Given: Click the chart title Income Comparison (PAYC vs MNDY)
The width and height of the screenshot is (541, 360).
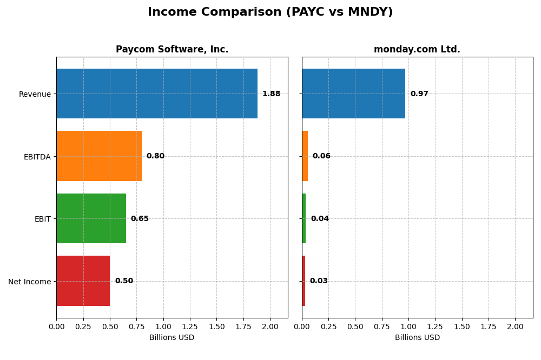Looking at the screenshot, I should (x=270, y=12).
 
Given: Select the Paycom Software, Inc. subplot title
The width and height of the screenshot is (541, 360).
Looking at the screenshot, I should (x=172, y=49).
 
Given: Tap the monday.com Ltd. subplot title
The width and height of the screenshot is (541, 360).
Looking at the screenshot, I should (x=417, y=49).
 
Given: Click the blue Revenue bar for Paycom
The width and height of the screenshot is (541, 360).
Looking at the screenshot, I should (x=157, y=94).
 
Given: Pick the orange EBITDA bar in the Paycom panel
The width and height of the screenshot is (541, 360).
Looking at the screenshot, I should (x=99, y=156).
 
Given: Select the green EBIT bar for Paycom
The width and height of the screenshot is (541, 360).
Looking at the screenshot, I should (x=91, y=218).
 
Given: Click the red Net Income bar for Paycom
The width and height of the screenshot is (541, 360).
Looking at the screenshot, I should (x=83, y=281).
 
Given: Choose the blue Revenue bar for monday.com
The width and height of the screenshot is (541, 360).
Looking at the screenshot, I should (x=353, y=94).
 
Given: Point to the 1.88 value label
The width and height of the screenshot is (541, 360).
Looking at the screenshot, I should (x=271, y=94).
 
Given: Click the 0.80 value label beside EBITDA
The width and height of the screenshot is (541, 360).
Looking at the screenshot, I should (x=155, y=156).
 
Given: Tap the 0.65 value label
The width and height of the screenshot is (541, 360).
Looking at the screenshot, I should (x=140, y=219).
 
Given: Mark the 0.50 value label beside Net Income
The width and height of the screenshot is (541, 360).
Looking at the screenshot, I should (x=124, y=281).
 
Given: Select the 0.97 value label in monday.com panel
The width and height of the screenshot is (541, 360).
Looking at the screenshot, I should (x=419, y=94).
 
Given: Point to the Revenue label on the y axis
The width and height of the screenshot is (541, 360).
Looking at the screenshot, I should (x=35, y=94).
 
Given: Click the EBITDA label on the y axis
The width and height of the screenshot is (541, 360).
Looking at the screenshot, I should (x=37, y=157).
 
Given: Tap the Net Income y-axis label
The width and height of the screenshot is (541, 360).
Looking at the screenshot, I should (x=29, y=282).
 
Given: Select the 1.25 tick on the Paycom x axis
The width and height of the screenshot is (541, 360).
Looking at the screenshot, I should (x=190, y=326).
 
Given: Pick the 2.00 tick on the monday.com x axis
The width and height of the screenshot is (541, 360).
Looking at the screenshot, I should (x=515, y=326).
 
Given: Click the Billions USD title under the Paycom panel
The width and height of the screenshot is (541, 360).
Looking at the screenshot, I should (x=172, y=337).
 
